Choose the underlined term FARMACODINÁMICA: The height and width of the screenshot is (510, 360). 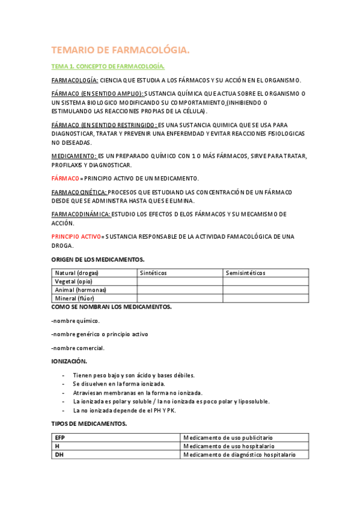(81, 214)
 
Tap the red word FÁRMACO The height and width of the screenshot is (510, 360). (66, 179)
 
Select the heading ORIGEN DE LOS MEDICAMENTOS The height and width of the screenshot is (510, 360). (99, 259)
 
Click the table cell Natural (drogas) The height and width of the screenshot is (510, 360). (76, 273)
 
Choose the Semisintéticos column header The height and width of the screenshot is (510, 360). (246, 273)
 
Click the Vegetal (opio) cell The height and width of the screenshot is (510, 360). (73, 281)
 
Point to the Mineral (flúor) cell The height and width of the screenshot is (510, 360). (75, 298)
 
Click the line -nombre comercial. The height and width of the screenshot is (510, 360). (78, 348)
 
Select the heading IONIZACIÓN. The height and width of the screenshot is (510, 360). (69, 361)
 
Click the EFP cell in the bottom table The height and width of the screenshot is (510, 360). (59, 438)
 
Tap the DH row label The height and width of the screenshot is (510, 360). (59, 455)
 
